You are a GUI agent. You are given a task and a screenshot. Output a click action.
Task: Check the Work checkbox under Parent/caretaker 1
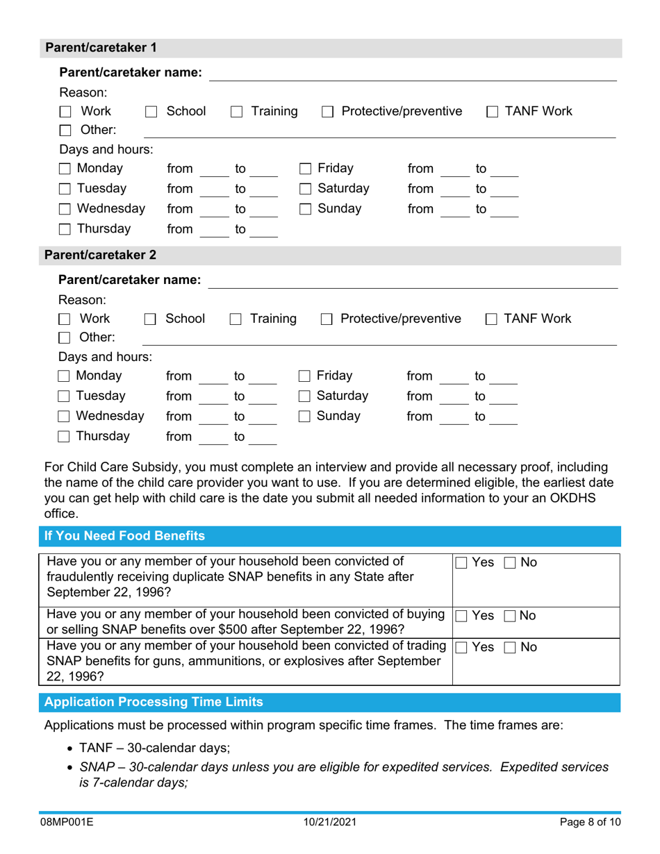[66, 112]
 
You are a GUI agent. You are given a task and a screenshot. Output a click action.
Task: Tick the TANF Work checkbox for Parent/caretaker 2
[491, 320]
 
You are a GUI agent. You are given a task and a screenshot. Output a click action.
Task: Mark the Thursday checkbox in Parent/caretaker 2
[65, 437]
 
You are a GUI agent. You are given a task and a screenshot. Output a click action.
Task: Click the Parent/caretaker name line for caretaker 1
[413, 74]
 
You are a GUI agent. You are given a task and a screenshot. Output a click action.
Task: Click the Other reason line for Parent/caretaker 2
[379, 338]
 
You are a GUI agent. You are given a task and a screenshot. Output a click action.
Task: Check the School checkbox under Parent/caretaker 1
[151, 112]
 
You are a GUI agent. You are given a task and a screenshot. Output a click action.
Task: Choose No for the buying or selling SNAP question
[510, 617]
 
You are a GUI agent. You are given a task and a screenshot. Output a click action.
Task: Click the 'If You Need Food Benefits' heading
[125, 536]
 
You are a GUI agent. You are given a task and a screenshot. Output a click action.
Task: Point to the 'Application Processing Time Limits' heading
[154, 702]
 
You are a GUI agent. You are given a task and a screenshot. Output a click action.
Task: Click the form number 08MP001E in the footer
[68, 823]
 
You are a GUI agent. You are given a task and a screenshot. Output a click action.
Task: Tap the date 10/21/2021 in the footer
[331, 823]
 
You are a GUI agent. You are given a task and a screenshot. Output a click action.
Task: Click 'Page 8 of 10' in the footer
[589, 823]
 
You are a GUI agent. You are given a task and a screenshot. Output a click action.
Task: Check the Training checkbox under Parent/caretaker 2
[236, 320]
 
